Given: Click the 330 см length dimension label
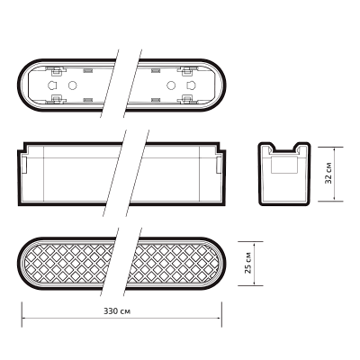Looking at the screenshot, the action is click(x=117, y=311).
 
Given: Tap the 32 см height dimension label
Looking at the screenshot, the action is click(x=328, y=174).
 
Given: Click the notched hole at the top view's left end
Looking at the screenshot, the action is click(x=52, y=85).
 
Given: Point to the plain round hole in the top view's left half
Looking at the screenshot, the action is click(x=72, y=85).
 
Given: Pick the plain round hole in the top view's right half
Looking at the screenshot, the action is click(x=171, y=85).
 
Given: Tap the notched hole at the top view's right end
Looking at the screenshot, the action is click(x=191, y=85).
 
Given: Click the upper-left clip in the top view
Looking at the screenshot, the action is click(x=55, y=71).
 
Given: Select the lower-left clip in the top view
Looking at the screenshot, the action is click(x=56, y=99).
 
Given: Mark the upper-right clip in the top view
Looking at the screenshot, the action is click(x=187, y=71).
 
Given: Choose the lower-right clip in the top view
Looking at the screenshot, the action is click(x=187, y=99).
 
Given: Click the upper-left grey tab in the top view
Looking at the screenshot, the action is click(x=88, y=70).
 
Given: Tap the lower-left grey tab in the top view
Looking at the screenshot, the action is click(x=88, y=100).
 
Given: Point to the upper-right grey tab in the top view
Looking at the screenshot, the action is click(x=155, y=70).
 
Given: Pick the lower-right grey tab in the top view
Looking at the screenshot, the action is click(x=155, y=100).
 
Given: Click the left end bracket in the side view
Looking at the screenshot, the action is click(x=25, y=165).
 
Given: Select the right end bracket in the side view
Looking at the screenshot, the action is click(x=219, y=165).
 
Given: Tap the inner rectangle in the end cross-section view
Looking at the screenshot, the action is click(x=284, y=165).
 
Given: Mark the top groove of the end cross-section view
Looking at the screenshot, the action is click(x=284, y=147).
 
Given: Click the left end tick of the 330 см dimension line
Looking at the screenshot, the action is click(x=22, y=314).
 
